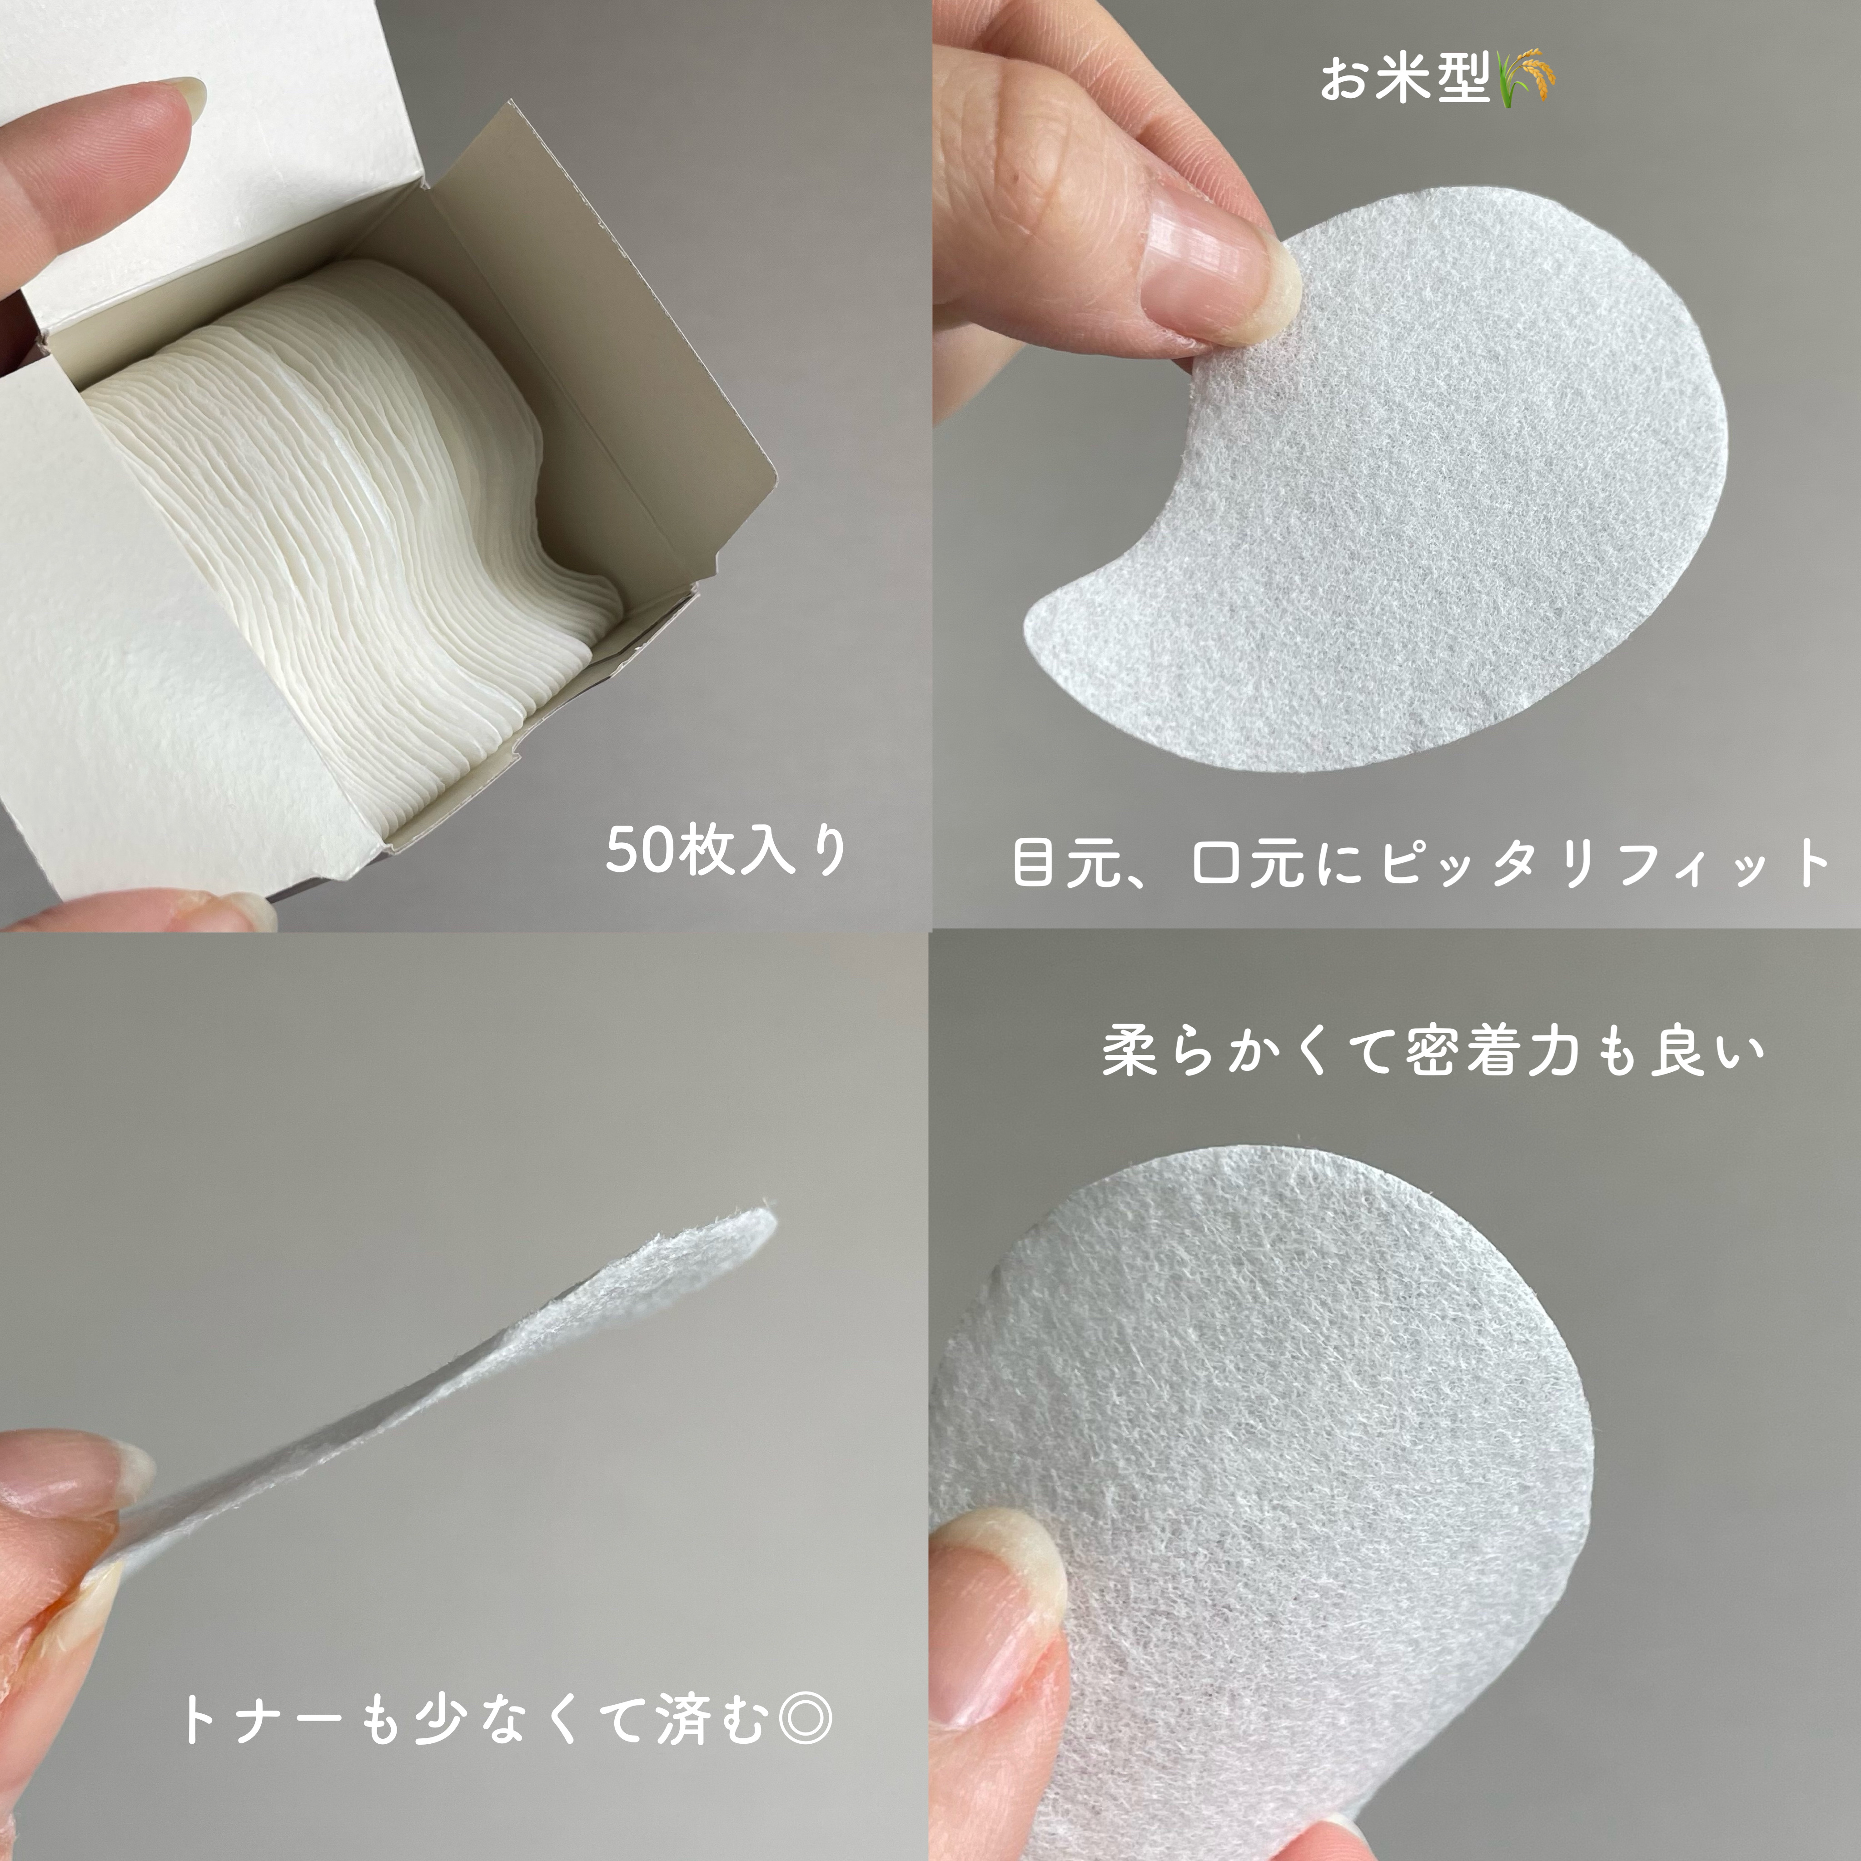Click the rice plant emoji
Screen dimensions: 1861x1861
point(1527,77)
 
